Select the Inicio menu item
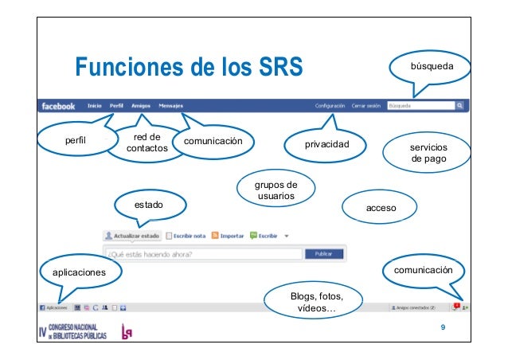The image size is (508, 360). click(94, 105)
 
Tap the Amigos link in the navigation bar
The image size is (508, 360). click(142, 105)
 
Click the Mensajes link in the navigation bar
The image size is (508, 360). click(171, 105)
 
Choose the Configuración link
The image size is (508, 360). click(330, 105)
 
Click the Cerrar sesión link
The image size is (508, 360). click(366, 105)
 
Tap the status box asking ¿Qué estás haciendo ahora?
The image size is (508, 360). click(203, 255)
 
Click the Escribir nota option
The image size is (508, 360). click(186, 236)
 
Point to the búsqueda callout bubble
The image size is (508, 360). click(432, 71)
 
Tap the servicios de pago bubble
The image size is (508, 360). click(428, 153)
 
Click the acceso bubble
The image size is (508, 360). click(381, 208)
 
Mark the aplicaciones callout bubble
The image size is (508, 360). click(76, 272)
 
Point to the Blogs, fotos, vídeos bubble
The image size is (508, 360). click(316, 302)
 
